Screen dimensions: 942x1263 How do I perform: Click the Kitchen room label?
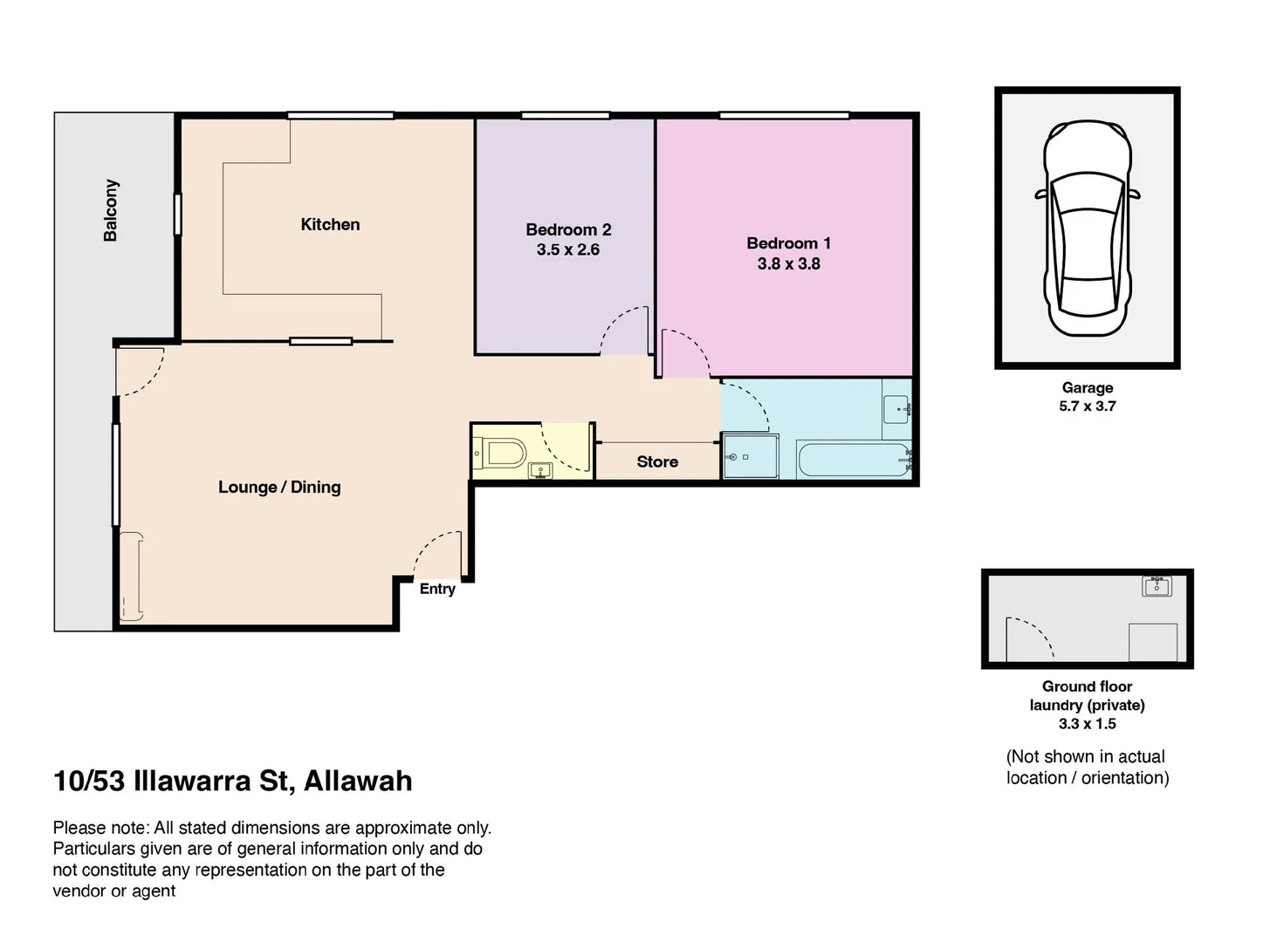pos(330,224)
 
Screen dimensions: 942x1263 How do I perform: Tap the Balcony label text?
pos(111,210)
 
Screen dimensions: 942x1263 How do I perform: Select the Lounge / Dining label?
pos(279,487)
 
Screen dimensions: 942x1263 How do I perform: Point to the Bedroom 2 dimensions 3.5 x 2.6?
pos(567,249)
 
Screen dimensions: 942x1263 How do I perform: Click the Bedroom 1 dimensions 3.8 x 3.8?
pos(788,263)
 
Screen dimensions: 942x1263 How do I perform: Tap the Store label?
pos(657,461)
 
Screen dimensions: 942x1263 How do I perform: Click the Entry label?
pos(437,589)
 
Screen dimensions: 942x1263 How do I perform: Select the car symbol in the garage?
pos(1087,229)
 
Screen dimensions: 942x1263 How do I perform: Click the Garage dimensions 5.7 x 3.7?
pos(1087,406)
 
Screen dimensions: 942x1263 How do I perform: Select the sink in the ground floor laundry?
pos(1157,586)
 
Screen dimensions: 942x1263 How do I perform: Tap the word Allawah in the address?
pos(358,781)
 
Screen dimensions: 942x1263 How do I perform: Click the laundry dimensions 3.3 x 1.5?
pos(1087,724)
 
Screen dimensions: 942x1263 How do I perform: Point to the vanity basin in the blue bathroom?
pos(897,408)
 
